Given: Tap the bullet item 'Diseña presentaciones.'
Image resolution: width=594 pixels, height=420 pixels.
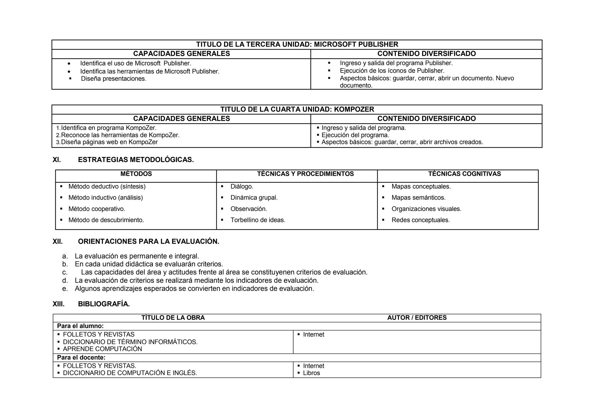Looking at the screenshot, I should point(113,79).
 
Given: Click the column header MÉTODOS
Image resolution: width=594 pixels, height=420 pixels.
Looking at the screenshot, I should point(136,174).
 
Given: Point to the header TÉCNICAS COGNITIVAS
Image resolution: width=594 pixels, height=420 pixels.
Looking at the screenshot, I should point(464,174).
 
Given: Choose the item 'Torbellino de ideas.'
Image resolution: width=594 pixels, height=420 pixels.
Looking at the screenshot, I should point(258,220).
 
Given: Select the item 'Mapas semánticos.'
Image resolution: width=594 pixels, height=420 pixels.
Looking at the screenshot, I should point(418,198).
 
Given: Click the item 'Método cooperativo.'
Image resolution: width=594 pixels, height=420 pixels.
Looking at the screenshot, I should point(97,209).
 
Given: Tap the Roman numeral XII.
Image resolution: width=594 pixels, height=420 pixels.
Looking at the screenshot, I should point(57,242).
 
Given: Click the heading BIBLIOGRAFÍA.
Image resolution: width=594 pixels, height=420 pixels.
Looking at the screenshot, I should point(104,304).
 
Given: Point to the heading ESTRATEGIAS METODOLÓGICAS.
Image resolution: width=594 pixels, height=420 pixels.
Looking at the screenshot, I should point(136,160).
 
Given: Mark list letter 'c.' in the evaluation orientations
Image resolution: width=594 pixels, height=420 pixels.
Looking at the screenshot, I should point(65,272).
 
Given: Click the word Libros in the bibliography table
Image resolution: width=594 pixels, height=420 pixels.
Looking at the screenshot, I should point(311,373).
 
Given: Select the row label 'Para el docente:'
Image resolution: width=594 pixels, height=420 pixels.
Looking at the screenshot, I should point(81,357).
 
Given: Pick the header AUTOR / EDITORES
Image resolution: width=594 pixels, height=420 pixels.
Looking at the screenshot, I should point(417,318).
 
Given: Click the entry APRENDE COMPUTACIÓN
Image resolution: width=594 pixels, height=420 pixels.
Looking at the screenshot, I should point(102,349).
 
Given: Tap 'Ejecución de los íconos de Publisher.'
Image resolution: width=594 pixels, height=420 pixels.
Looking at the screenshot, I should point(392,71).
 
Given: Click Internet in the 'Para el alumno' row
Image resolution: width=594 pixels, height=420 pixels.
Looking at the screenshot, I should point(314,334).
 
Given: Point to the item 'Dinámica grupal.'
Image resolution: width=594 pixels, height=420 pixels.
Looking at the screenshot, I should point(254,198).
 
